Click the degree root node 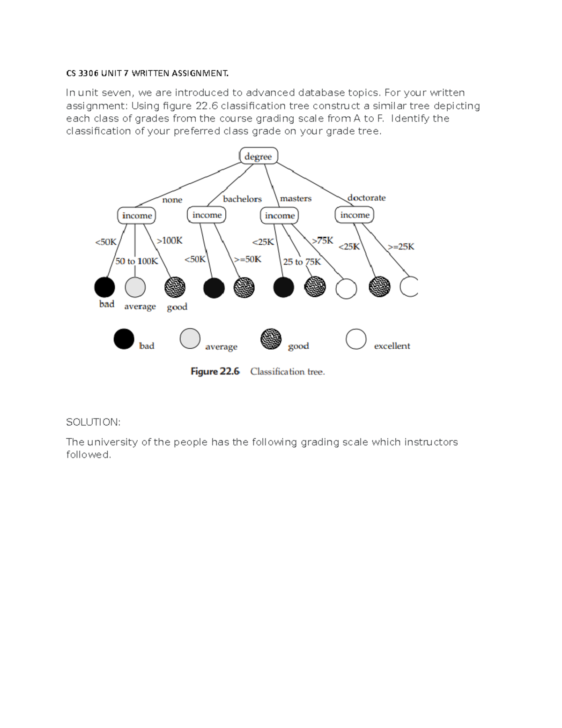[x=259, y=156]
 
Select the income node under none [x=136, y=216]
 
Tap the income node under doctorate [x=355, y=215]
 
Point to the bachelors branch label [x=242, y=199]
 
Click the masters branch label [x=296, y=199]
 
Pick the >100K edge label [x=170, y=241]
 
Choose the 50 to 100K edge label [x=137, y=261]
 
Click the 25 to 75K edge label [x=302, y=262]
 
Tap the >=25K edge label [x=401, y=247]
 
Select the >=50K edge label [x=248, y=259]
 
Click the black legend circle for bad [x=124, y=339]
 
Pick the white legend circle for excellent [x=356, y=339]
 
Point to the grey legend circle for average [x=190, y=339]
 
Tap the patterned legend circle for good [x=271, y=339]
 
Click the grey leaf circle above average [x=135, y=287]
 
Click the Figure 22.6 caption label [x=215, y=372]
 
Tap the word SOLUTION [x=93, y=422]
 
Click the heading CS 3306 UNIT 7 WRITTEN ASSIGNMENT [x=148, y=73]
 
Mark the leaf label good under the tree [x=177, y=307]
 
